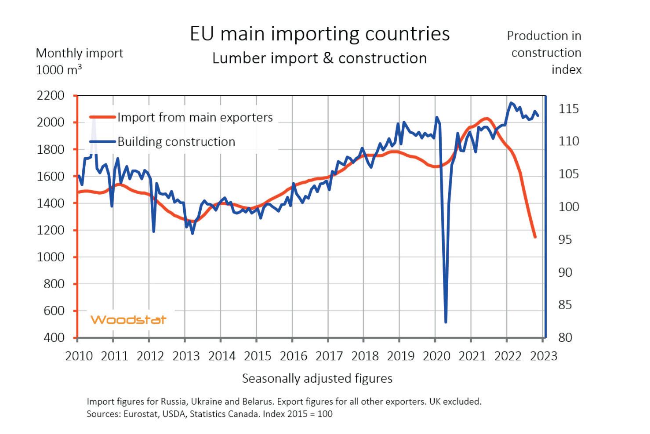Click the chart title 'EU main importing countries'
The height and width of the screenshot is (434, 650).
[x=320, y=34]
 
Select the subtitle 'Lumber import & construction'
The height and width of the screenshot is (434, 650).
[x=320, y=58]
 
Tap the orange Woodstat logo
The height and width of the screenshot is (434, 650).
[x=128, y=319]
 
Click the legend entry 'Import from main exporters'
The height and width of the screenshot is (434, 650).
[x=195, y=117]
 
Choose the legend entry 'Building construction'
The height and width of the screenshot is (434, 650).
[x=176, y=141]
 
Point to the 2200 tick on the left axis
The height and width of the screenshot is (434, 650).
[x=51, y=95]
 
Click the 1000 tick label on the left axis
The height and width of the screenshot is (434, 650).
[x=51, y=257]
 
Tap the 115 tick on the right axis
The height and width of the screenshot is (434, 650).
[x=569, y=108]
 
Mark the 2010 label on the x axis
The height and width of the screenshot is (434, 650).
[x=79, y=356]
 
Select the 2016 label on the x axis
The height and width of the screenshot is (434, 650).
[x=294, y=356]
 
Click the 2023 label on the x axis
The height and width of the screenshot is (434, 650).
[x=544, y=356]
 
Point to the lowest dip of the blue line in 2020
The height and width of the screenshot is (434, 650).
[x=446, y=322]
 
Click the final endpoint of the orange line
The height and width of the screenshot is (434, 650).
[x=535, y=237]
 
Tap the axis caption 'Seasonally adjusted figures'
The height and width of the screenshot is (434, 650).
[x=317, y=378]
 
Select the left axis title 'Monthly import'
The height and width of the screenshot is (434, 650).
[x=79, y=53]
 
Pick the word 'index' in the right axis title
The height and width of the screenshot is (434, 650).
[x=566, y=69]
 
